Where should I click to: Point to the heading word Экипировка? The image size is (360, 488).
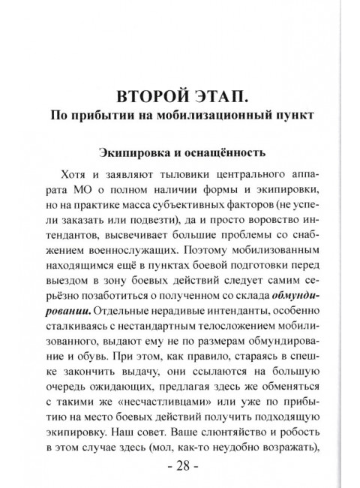coord(139,153)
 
